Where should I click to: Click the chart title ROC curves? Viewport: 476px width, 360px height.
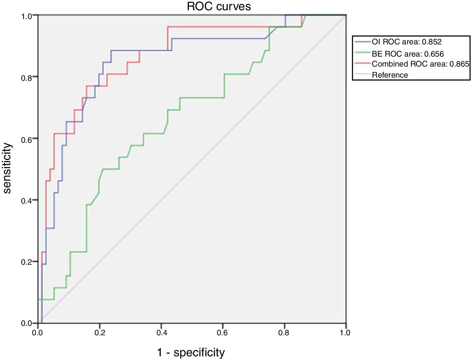coord(219,6)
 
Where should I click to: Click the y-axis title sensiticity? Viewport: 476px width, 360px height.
coord(7,168)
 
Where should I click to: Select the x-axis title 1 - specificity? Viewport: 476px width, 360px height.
coord(191,352)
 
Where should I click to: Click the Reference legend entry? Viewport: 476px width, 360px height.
coord(390,75)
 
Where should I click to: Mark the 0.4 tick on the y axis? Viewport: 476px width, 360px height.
coord(27,200)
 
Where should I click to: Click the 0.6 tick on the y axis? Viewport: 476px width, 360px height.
coord(27,139)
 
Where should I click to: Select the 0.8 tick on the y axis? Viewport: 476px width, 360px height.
coord(27,77)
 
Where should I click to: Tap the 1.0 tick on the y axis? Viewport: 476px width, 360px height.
coord(27,16)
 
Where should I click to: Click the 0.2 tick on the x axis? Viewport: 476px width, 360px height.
coord(100,332)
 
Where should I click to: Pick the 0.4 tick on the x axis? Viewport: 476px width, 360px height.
coord(161,332)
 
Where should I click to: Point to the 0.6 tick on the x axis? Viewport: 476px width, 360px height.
coord(222,332)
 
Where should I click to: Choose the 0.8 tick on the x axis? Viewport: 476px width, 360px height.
coord(284,332)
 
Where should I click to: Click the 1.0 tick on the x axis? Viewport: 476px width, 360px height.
coord(345,332)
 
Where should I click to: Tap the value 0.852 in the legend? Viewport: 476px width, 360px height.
coord(432,42)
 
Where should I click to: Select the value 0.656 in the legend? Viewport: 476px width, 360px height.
coord(434,54)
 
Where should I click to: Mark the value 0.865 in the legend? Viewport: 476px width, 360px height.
coord(459,64)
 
